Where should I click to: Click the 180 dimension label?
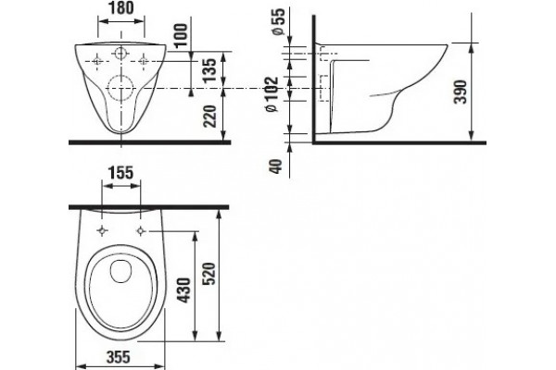[121, 8]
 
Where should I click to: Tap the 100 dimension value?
[181, 35]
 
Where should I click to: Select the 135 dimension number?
[210, 69]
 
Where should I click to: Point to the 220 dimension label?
[210, 117]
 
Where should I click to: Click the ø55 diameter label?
[278, 21]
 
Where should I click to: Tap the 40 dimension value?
[276, 166]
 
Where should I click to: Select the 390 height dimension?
[461, 92]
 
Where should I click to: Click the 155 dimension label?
[120, 173]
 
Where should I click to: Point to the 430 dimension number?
[184, 290]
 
